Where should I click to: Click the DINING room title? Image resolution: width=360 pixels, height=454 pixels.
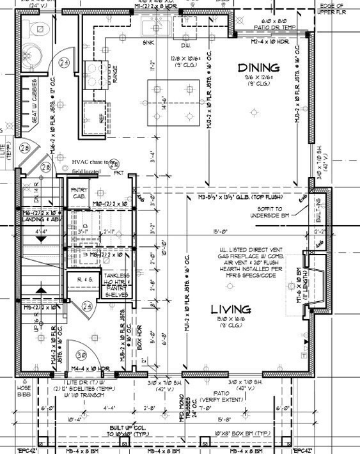258,68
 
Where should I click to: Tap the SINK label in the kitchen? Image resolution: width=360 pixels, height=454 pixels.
148,42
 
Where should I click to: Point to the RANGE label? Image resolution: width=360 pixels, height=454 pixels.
115,72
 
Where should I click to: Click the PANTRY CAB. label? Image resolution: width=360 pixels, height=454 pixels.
78,192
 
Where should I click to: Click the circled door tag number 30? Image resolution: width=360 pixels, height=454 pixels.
81,355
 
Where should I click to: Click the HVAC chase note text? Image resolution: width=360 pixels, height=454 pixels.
95,167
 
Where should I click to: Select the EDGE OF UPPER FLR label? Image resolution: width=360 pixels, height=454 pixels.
336,9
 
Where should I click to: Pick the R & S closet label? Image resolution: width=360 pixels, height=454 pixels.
86,280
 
